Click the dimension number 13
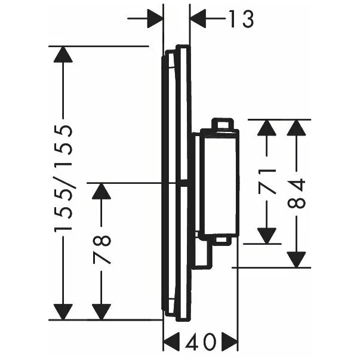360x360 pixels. (x=241, y=19)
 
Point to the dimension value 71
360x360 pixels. (x=269, y=180)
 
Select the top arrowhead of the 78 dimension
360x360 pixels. (x=101, y=192)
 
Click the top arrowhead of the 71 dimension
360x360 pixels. (x=269, y=128)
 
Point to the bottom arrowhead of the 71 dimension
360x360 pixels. (x=269, y=235)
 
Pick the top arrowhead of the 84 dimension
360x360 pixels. (x=298, y=128)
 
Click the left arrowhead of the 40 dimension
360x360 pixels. (x=171, y=343)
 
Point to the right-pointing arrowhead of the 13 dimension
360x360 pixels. (x=155, y=19)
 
